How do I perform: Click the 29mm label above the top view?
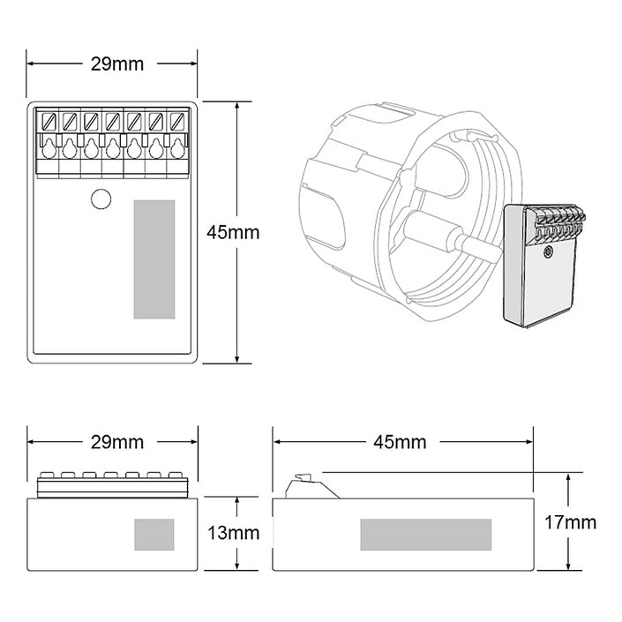click(112, 64)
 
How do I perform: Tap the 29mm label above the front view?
click(112, 441)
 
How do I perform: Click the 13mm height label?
click(233, 533)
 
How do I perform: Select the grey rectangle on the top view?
click(154, 259)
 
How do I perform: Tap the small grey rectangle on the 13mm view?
click(154, 535)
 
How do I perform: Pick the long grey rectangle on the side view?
click(426, 534)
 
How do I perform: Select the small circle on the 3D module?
click(548, 253)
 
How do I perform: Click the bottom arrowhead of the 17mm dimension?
click(570, 566)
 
